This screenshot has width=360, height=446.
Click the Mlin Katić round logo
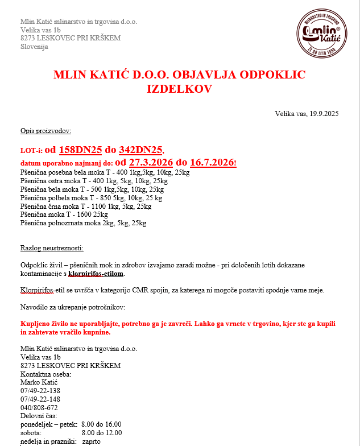click(x=322, y=32)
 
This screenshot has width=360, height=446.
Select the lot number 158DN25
click(x=80, y=150)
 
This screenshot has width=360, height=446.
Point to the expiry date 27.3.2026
click(x=151, y=163)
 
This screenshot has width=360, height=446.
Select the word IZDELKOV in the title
click(x=179, y=89)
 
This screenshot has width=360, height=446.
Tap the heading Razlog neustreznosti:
click(x=52, y=248)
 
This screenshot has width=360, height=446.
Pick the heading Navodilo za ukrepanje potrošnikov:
click(x=72, y=307)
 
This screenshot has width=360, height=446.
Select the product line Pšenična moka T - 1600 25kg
click(x=64, y=214)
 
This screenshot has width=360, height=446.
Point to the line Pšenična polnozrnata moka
click(x=83, y=223)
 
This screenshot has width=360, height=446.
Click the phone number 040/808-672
click(x=39, y=408)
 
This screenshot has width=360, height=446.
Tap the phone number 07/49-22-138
click(x=40, y=391)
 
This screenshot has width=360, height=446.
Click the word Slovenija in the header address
click(x=34, y=47)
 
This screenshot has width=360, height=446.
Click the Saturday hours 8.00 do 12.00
click(x=105, y=433)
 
